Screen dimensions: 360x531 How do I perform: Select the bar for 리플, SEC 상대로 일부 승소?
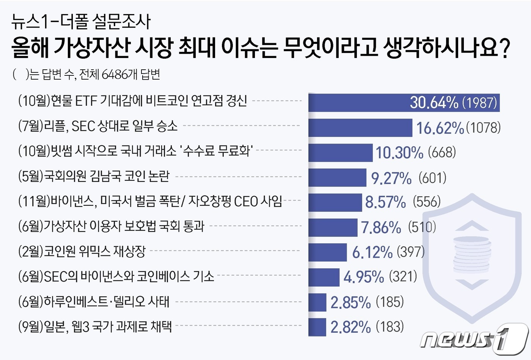pyautogui.click(x=360, y=128)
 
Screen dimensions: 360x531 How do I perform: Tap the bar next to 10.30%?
pyautogui.click(x=340, y=153)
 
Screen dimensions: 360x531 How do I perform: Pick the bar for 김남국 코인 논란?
pyautogui.click(x=337, y=178)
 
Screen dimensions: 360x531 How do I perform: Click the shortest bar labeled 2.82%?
pyautogui.click(x=317, y=327)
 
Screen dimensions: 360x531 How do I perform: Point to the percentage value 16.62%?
pyautogui.click(x=440, y=128)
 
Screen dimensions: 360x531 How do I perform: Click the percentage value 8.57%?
pyautogui.click(x=385, y=202)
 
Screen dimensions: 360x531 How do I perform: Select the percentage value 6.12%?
pyautogui.click(x=372, y=252)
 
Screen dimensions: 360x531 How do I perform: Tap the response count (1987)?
pyautogui.click(x=479, y=103)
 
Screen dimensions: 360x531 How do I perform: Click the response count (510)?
pyautogui.click(x=422, y=227)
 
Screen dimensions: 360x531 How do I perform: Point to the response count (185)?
pyautogui.click(x=390, y=302)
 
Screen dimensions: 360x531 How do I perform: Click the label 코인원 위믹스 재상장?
pyautogui.click(x=82, y=251)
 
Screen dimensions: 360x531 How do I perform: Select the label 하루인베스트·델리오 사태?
pyautogui.click(x=94, y=302)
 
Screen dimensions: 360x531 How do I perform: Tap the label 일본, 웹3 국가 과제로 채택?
pyautogui.click(x=95, y=327)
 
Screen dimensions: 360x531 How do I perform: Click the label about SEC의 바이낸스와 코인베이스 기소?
pyautogui.click(x=116, y=277)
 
